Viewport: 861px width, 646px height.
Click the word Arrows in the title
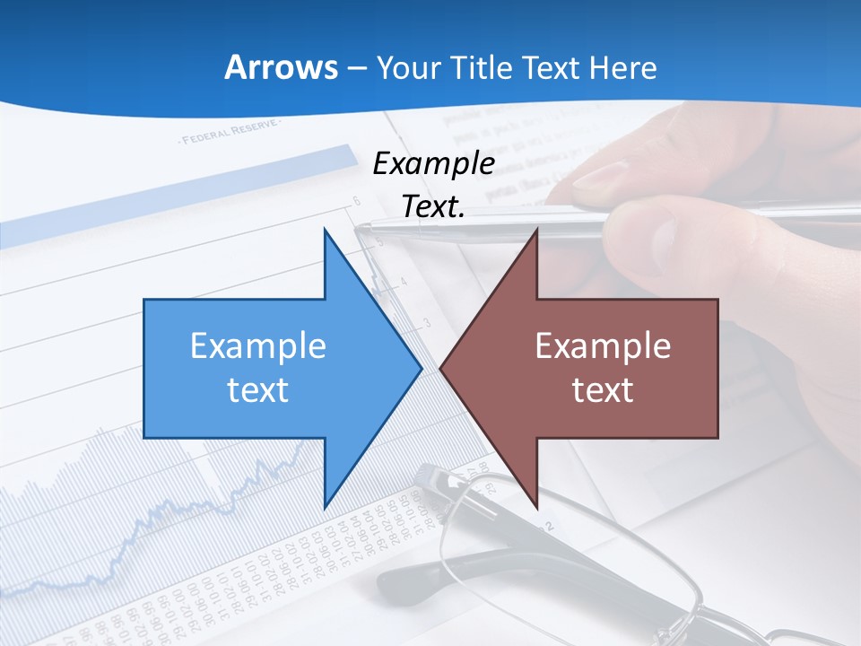click(x=281, y=68)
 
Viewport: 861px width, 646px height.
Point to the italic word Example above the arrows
click(x=433, y=164)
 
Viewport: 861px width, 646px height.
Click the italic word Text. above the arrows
click(x=433, y=207)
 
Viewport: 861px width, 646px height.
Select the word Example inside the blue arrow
click(x=258, y=346)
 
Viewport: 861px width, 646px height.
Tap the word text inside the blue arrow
click(x=258, y=390)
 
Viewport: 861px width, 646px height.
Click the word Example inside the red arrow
click(x=603, y=346)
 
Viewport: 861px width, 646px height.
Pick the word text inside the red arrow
click(x=603, y=390)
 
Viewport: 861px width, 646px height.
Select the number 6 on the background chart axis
click(x=356, y=201)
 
